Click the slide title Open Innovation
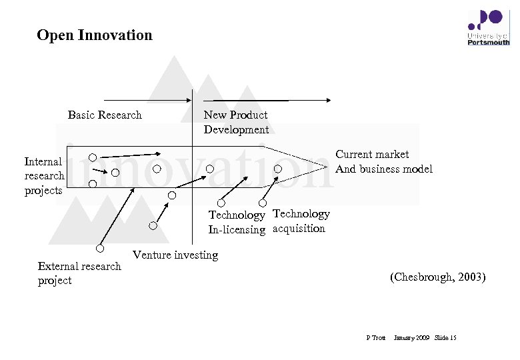95,35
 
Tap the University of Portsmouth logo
488,27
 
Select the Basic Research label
105,115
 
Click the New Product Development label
236,122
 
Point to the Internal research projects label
44,176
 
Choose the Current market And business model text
383,162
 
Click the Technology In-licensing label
237,222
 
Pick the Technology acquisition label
301,221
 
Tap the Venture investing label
175,255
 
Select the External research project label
79,273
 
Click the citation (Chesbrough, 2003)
437,277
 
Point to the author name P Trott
376,338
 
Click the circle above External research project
99,249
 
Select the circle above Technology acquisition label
263,203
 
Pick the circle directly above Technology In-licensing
221,203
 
